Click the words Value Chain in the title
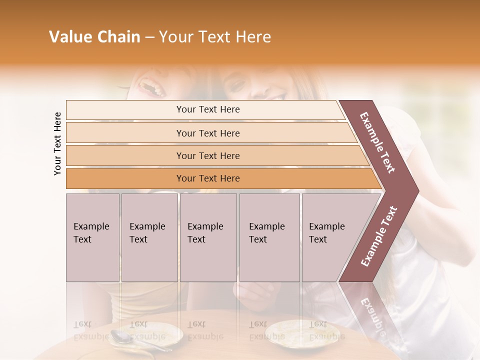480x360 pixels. pos(94,37)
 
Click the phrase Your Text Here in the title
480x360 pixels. pos(215,37)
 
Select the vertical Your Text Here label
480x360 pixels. pos(57,143)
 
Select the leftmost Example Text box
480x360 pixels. pos(92,237)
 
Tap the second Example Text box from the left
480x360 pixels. pos(149,237)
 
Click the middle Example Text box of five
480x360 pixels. pos(208,237)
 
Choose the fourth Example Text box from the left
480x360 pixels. pos(269,237)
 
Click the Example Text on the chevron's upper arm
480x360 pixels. pos(377,142)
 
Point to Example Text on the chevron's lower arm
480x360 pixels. pos(379,236)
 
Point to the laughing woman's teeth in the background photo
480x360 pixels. pos(153,88)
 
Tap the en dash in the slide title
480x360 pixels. pos(149,37)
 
